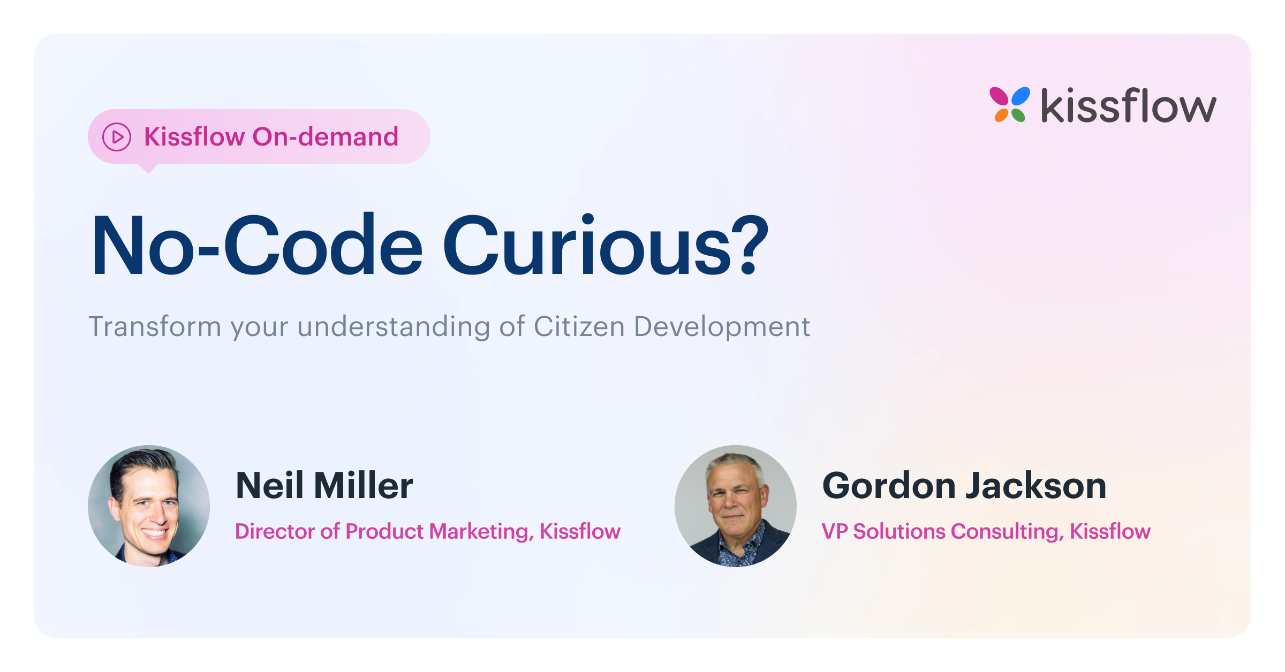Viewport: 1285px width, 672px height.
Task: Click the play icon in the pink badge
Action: point(117,137)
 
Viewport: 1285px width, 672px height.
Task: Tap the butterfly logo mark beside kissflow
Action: point(1010,104)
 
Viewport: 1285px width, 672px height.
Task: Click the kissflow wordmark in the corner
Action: point(1129,105)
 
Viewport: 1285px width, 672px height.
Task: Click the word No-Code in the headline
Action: point(257,246)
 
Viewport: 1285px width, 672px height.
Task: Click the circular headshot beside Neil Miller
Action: point(149,506)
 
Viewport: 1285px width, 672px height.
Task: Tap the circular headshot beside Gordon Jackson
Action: point(736,506)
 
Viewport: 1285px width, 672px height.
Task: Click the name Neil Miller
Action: point(324,486)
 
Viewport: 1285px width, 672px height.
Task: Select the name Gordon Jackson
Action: point(964,486)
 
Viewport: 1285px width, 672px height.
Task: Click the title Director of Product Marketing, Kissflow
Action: point(428,531)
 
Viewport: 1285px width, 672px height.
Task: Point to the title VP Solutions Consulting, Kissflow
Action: point(986,531)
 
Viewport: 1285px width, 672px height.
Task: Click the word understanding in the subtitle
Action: point(394,327)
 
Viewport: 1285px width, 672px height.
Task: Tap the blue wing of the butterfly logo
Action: point(1020,96)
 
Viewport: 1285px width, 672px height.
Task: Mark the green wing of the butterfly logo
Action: point(1018,115)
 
